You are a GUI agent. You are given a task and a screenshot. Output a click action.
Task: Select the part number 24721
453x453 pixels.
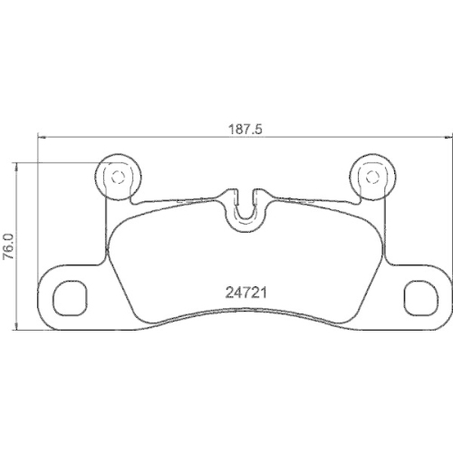(245, 293)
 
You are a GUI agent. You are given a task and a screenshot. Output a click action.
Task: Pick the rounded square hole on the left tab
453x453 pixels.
(70, 295)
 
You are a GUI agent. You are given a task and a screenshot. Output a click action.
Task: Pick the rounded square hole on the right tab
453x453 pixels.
(418, 295)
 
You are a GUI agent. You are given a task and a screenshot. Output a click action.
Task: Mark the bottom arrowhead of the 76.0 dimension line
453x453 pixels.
(20, 328)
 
